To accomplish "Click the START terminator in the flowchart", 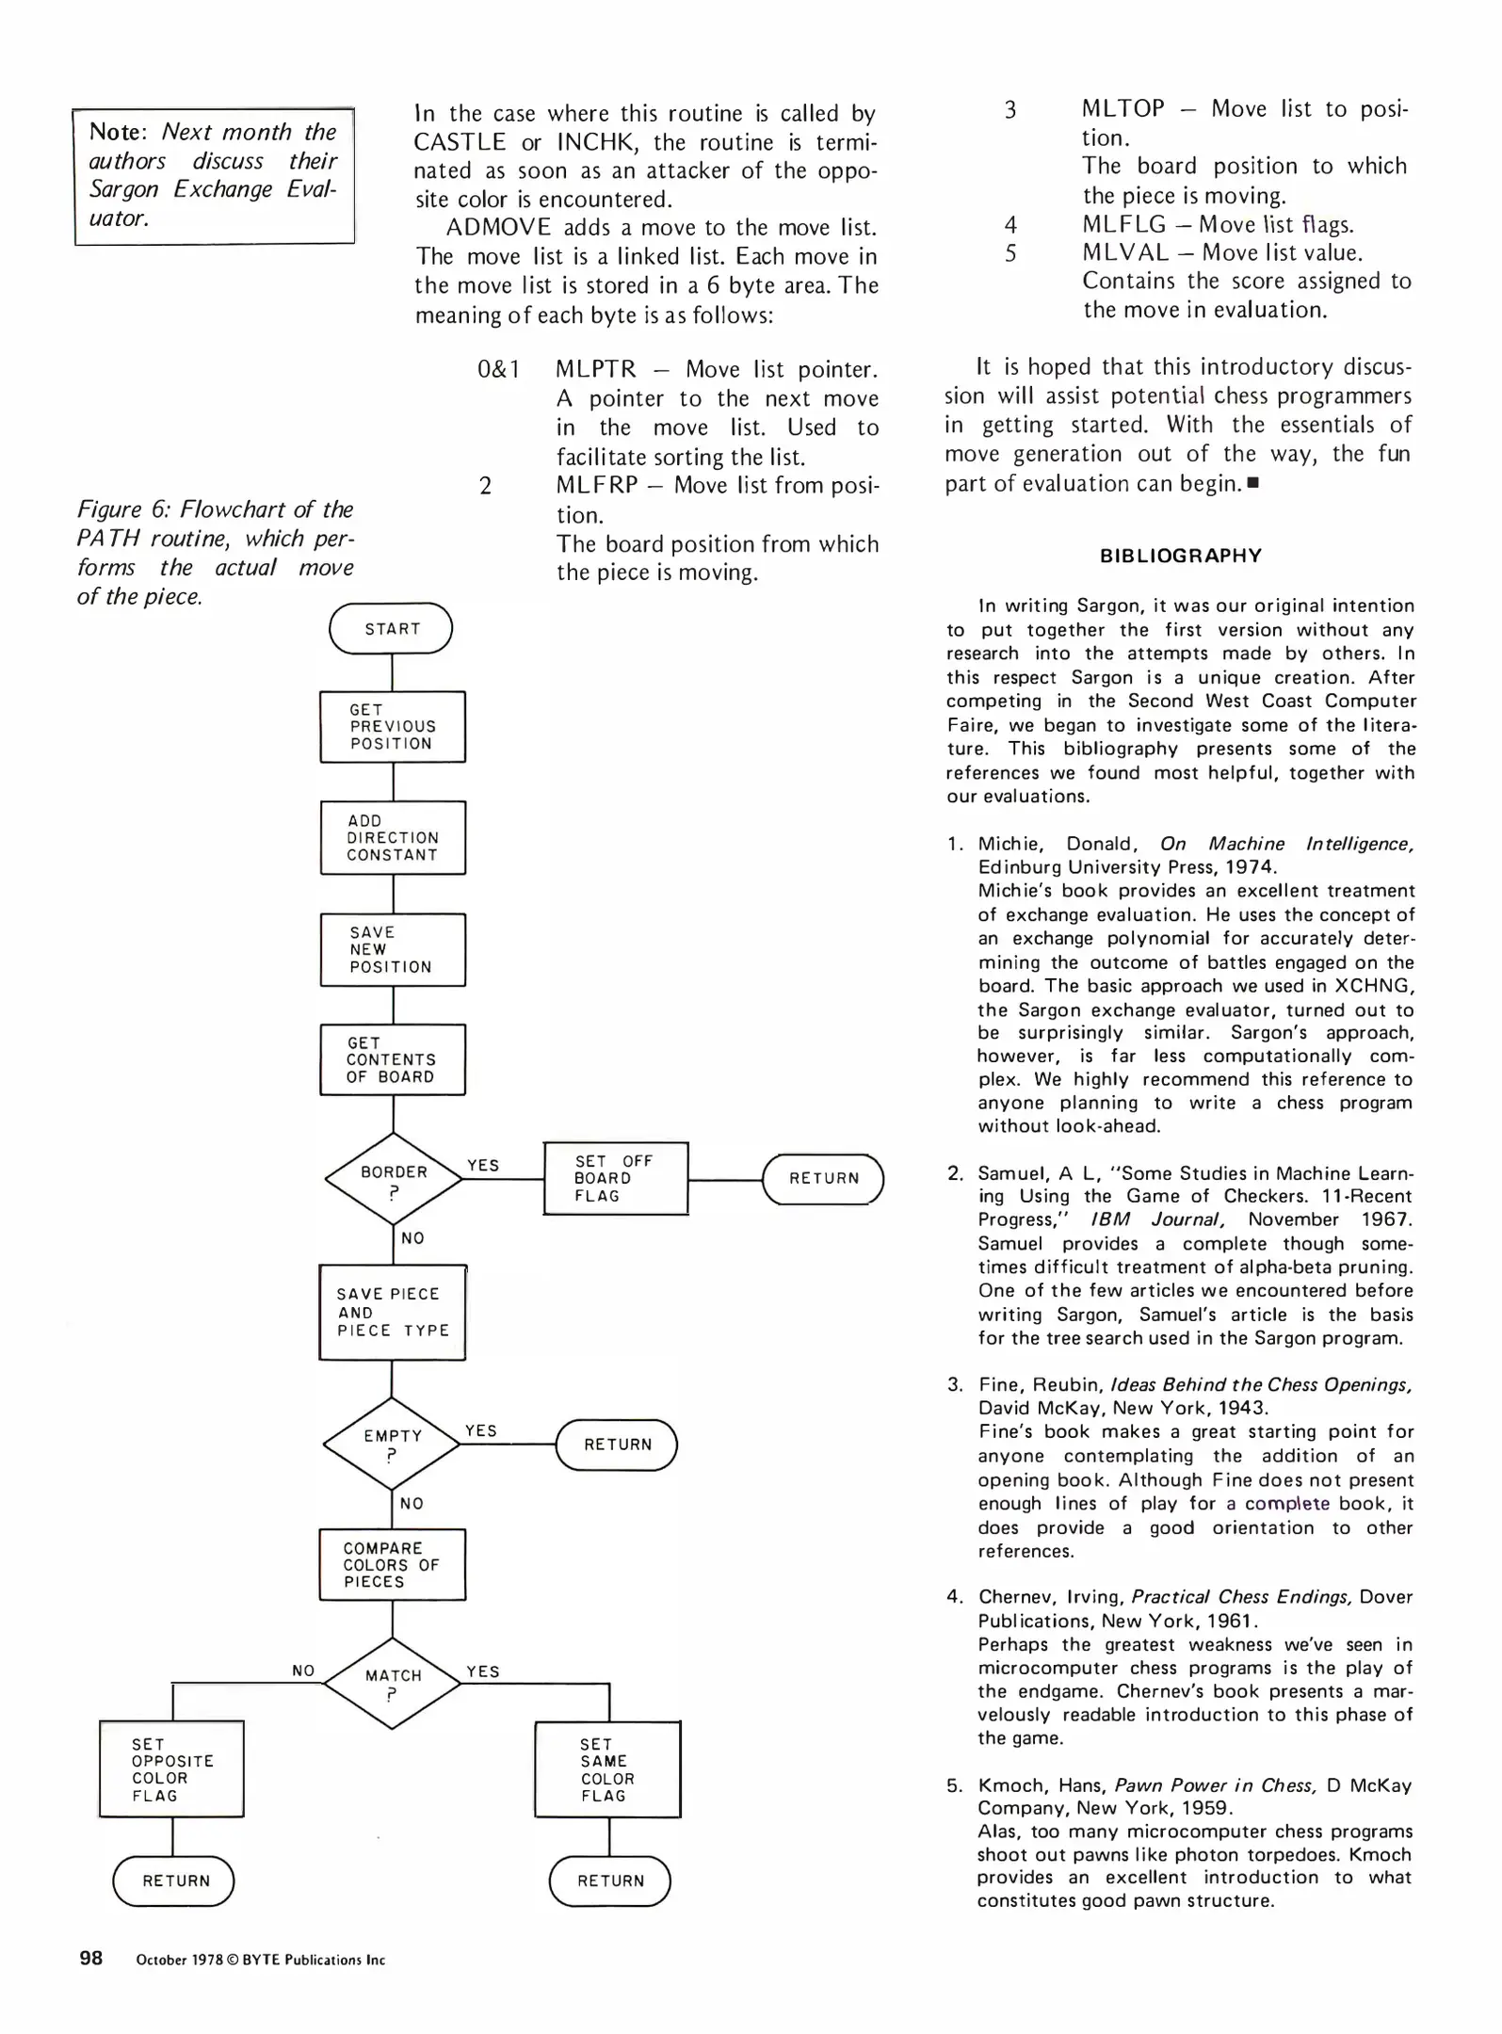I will pos(391,629).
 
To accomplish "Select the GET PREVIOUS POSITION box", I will pos(393,727).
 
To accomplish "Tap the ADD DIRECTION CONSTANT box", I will pos(393,838).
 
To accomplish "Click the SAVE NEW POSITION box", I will pos(393,949).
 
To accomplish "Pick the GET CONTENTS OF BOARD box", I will pos(393,1059).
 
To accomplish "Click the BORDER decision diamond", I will pos(394,1179).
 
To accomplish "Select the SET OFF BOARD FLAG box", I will pos(616,1178).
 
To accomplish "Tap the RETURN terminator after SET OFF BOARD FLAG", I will pos(823,1179).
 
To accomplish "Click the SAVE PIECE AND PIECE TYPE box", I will pos(393,1312).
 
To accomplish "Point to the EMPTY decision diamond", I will pos(392,1444).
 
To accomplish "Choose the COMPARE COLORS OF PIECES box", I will pos(392,1564).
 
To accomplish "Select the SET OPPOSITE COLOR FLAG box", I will pos(171,1769).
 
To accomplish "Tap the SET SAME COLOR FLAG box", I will pos(607,1769).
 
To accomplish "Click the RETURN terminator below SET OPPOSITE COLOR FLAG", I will pos(173,1881).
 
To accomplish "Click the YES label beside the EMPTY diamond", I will pos(481,1430).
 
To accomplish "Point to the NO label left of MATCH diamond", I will pos(303,1671).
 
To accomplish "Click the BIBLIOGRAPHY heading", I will pos(1180,556).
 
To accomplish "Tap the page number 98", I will pos(91,1959).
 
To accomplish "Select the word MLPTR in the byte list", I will pos(595,369).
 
